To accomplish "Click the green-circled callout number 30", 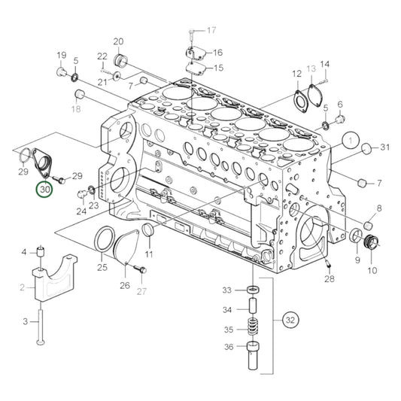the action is click(x=44, y=190).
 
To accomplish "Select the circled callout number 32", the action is click(x=290, y=320).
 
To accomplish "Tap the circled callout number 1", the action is click(x=351, y=140).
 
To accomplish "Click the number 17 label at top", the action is click(x=211, y=30).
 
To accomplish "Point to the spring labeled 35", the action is click(x=254, y=329).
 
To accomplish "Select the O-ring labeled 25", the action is click(x=104, y=238).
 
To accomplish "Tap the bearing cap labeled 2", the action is click(x=55, y=277).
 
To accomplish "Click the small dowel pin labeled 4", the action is click(x=41, y=251).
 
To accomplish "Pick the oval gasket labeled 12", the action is click(x=301, y=101).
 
